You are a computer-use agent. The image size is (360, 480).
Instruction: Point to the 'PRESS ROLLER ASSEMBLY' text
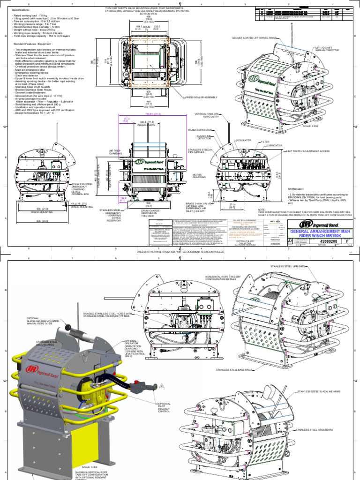tap(202, 97)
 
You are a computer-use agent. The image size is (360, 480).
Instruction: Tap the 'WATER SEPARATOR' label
tap(198, 130)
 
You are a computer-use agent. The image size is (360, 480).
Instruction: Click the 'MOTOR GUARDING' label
tap(198, 177)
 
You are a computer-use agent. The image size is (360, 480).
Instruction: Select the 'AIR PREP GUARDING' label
tap(116, 152)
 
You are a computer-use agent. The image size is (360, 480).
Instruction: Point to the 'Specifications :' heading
tap(21, 9)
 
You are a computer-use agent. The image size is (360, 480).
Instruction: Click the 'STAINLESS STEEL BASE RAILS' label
tap(234, 369)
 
